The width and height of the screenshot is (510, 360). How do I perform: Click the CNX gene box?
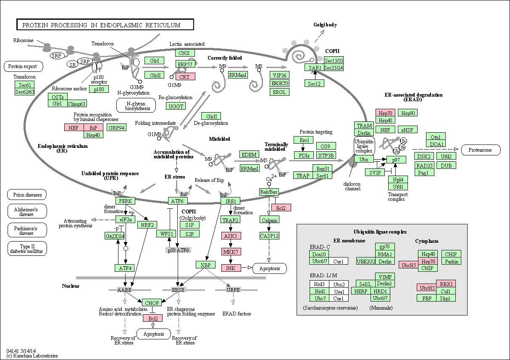pos(185,53)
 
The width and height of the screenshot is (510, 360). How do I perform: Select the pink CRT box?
pos(185,77)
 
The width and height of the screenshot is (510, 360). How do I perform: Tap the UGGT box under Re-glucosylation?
pos(176,106)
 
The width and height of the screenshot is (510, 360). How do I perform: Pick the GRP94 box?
pos(116,128)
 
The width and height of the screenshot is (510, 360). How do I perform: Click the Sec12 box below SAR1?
pos(314,83)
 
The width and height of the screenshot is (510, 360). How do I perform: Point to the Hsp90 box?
pos(408,113)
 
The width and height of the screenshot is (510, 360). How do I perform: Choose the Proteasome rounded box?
pos(481,150)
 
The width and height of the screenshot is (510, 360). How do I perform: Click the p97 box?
pos(396,160)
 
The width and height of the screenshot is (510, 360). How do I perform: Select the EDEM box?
pos(249,155)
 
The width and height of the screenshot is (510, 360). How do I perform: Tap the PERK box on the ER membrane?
pos(126,201)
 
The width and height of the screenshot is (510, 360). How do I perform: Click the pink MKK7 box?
pos(231,252)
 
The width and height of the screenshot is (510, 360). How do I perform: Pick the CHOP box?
pos(152,302)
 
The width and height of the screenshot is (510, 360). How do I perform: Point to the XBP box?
pos(205,265)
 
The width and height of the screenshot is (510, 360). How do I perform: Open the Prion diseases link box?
pos(27,194)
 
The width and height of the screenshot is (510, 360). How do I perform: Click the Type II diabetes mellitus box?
pos(27,249)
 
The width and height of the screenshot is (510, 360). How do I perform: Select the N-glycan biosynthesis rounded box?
pos(136,105)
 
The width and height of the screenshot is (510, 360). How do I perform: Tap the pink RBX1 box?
pos(446,284)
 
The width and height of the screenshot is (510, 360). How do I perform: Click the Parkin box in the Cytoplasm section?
pos(452,261)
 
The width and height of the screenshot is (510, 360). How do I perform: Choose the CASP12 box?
pos(269,236)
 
